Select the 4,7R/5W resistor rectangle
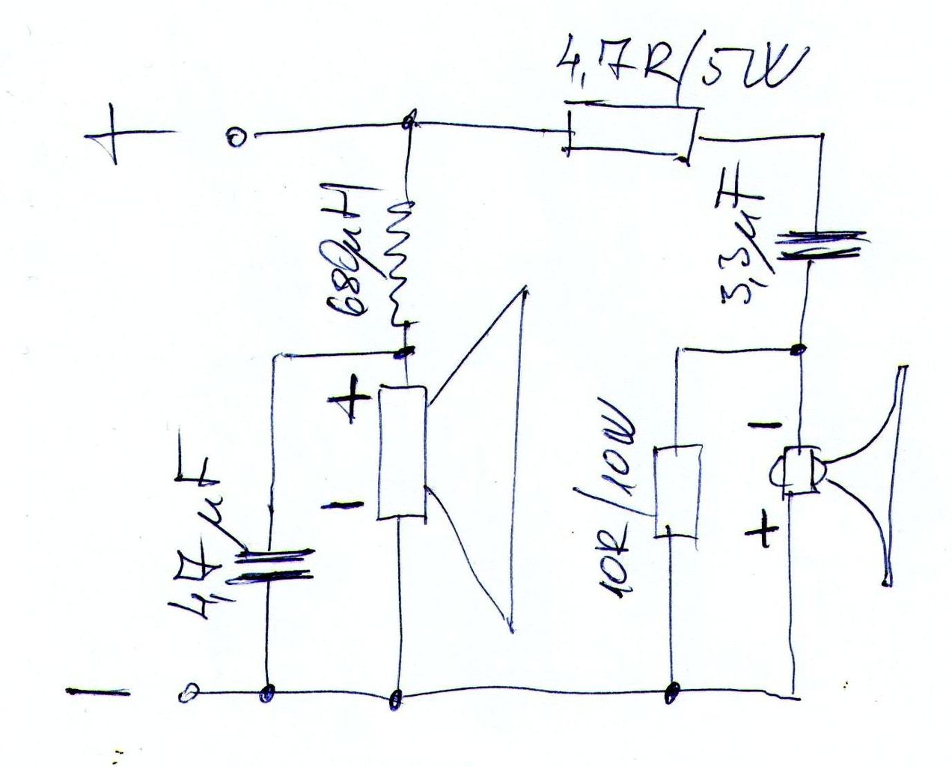(x=631, y=133)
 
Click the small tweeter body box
(x=798, y=472)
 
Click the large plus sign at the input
(x=115, y=137)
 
